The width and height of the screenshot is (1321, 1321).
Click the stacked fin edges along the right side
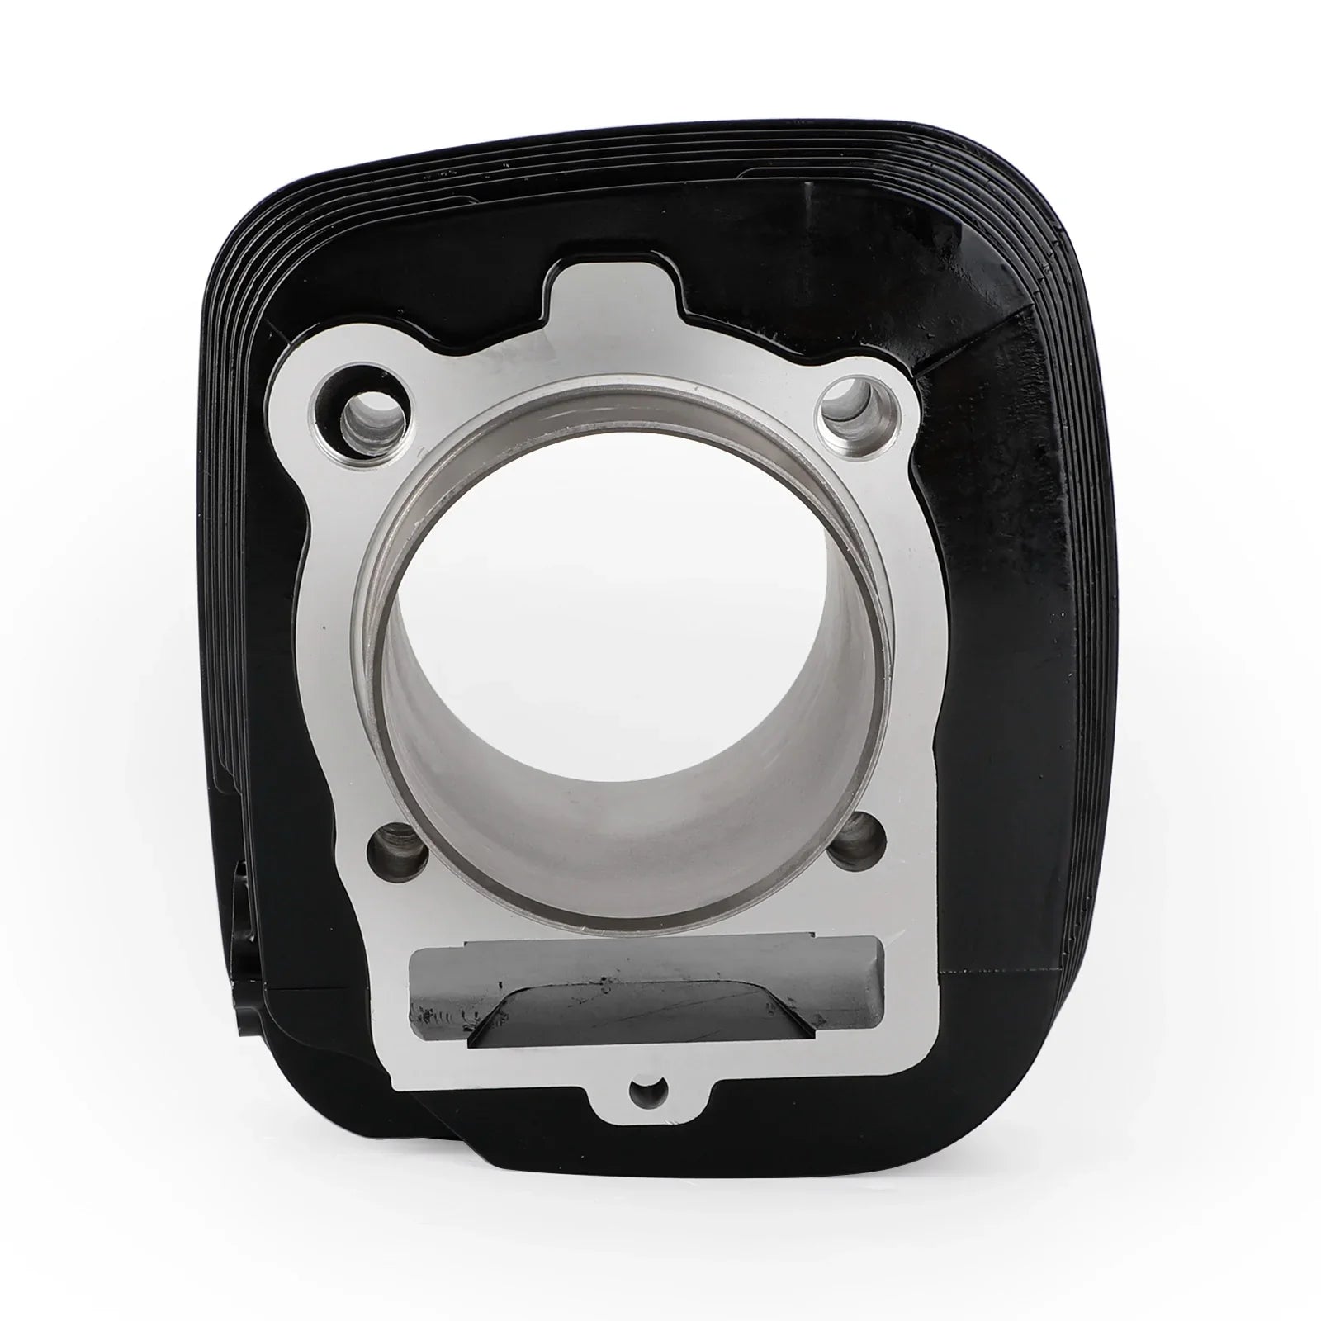[1082, 660]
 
